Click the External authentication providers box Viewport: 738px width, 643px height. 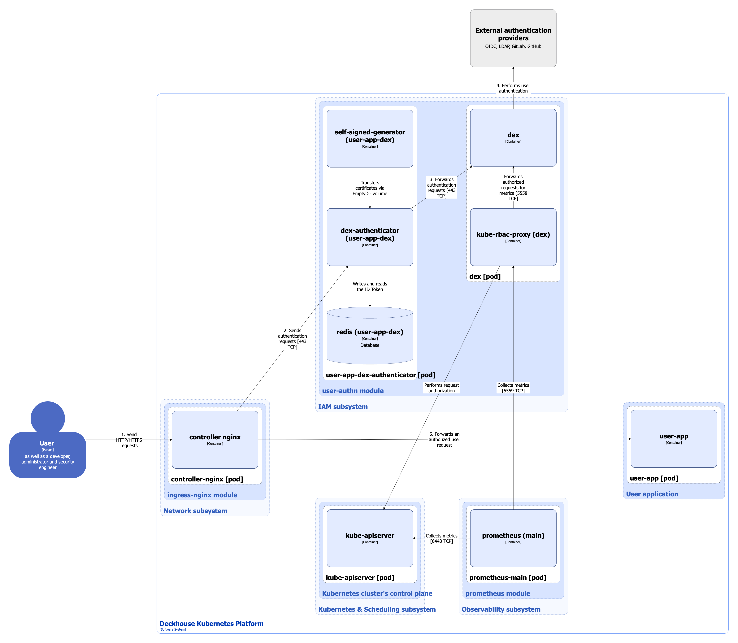pos(513,38)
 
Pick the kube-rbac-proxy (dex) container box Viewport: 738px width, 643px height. pos(513,237)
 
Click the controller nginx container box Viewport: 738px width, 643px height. pos(215,440)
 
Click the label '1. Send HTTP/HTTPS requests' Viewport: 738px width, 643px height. pos(129,440)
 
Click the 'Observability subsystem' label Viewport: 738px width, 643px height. pos(501,609)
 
